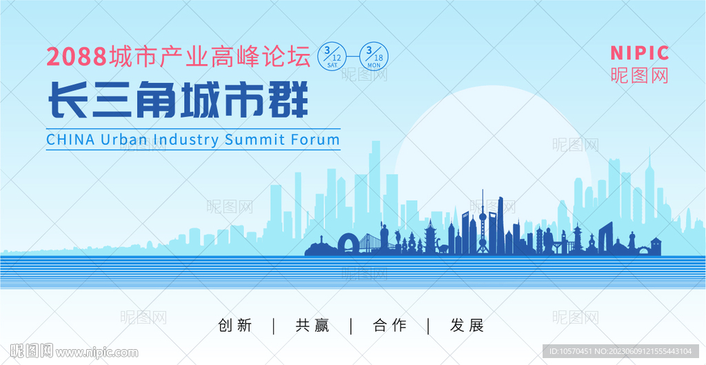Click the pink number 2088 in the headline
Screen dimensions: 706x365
coord(77,57)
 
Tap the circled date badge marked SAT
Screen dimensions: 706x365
coord(332,57)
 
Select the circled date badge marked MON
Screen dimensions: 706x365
coord(374,57)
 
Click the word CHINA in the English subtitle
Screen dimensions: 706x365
coord(70,139)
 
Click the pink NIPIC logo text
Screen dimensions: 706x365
coord(640,53)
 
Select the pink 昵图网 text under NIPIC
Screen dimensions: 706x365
coord(640,76)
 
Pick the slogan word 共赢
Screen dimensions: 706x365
coord(312,325)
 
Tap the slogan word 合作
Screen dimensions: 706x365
coord(390,325)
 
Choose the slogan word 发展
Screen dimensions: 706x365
coord(467,325)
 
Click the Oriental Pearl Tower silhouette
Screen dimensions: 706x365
coord(483,221)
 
